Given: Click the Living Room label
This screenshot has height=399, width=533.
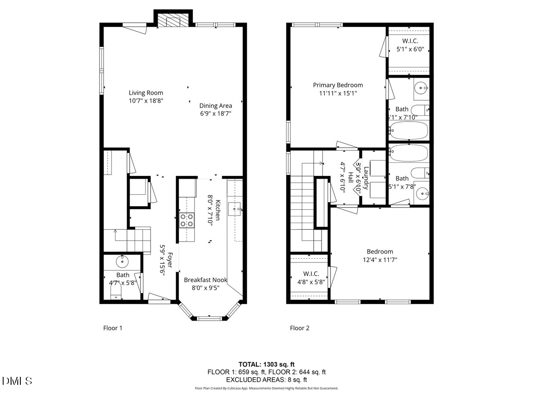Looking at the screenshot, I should (146, 93).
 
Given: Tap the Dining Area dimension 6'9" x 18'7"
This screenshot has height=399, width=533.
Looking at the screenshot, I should (215, 113).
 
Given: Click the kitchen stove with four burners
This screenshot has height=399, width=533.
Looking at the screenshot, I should (187, 220).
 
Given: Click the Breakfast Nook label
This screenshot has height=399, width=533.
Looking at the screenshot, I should (206, 280).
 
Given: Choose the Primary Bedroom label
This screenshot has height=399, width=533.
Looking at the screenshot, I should (338, 85).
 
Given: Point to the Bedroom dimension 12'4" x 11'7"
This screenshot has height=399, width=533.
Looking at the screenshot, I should (379, 260).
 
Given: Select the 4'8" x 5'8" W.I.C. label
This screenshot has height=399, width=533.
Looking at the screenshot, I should (308, 281).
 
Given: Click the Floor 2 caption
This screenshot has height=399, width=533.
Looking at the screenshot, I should (299, 328).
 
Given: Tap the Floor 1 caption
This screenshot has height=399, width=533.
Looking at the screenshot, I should (112, 328).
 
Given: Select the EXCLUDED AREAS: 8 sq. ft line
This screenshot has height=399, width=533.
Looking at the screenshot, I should (266, 379).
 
